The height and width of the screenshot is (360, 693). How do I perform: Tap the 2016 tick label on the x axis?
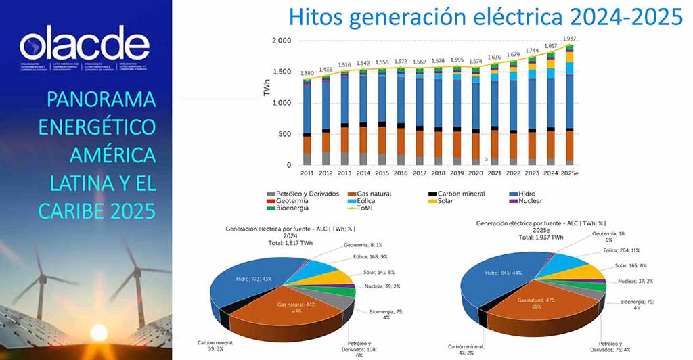[x=401, y=173]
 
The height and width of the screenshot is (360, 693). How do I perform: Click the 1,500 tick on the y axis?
[x=283, y=72]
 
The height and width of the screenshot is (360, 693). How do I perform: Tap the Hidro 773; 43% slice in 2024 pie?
[x=244, y=277]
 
